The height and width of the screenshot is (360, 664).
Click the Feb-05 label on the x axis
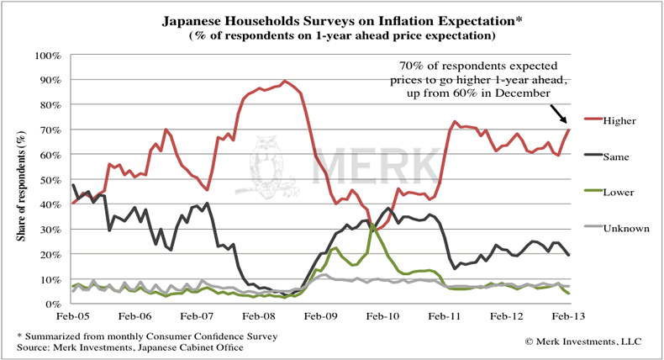73,317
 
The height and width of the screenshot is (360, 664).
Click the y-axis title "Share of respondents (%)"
18,180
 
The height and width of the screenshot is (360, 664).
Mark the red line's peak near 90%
286,81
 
